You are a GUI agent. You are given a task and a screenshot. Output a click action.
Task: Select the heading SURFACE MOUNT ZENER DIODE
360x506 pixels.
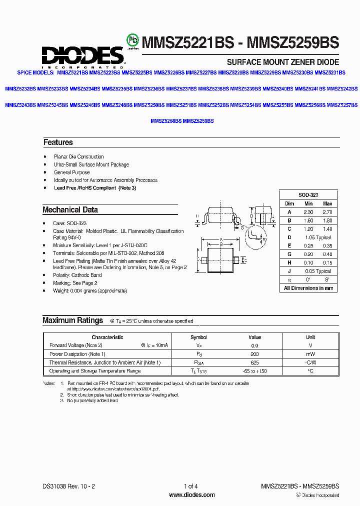pyautogui.click(x=283, y=62)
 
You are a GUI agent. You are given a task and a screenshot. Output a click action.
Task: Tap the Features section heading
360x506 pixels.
pyautogui.click(x=58, y=142)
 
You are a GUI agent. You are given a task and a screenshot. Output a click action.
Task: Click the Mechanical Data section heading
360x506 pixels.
pyautogui.click(x=70, y=210)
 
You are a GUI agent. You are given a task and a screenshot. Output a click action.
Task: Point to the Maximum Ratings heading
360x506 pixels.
pyautogui.click(x=72, y=320)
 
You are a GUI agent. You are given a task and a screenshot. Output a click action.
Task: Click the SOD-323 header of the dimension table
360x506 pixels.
pyautogui.click(x=308, y=195)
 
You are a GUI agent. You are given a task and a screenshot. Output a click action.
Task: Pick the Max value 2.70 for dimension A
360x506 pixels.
pyautogui.click(x=327, y=212)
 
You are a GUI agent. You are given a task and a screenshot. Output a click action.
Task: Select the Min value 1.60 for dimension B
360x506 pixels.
pyautogui.click(x=308, y=220)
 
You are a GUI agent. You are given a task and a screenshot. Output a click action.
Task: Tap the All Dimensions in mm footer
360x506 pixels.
pyautogui.click(x=308, y=288)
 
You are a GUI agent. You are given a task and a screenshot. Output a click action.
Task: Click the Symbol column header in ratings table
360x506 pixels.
pyautogui.click(x=199, y=337)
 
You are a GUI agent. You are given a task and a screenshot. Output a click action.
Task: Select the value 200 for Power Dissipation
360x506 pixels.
pyautogui.click(x=254, y=354)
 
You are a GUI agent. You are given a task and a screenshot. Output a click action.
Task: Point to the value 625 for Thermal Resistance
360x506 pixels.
pyautogui.click(x=254, y=362)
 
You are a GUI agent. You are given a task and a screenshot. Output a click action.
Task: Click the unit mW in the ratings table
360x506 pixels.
pyautogui.click(x=310, y=354)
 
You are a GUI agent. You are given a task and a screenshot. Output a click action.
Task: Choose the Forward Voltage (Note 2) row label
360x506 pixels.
pyautogui.click(x=76, y=345)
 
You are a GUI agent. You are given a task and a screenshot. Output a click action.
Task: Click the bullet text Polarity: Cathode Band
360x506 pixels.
pyautogui.click(x=77, y=275)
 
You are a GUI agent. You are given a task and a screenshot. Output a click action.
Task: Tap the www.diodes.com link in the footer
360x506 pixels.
pyautogui.click(x=192, y=495)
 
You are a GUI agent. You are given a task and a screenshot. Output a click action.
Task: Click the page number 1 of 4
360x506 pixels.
pyautogui.click(x=191, y=486)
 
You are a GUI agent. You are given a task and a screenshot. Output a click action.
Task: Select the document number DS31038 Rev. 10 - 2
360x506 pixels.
pyautogui.click(x=66, y=486)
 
